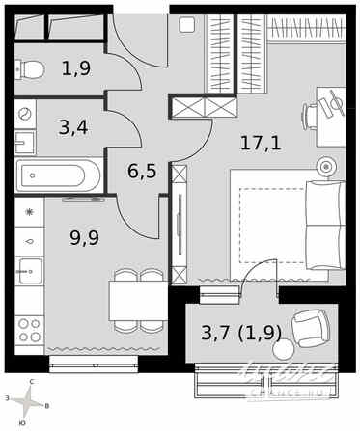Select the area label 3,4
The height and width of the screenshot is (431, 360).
(73, 126)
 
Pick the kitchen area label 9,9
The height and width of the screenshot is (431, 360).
(85, 235)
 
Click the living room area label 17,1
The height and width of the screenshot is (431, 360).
(261, 145)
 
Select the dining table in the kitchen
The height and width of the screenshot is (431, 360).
(138, 300)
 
